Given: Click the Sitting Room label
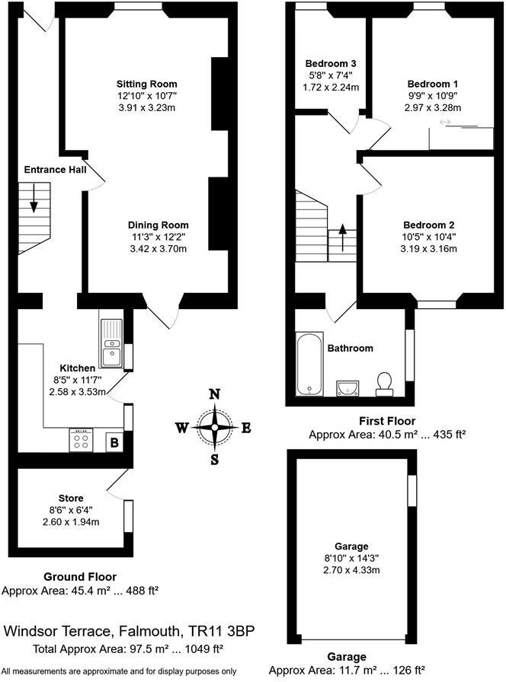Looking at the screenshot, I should coord(147,84).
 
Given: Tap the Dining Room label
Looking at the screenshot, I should coord(158,225).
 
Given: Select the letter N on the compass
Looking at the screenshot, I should coord(216,394).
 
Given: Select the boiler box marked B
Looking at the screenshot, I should coord(114,441).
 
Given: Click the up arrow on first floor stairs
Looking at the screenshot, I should coord(341,236).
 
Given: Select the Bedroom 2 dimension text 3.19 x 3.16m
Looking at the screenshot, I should coord(429,248).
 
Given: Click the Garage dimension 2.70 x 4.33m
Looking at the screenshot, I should coord(351,569).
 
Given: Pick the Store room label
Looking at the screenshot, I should coord(71,499).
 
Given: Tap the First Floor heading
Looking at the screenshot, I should coord(387,420).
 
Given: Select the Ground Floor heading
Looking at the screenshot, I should coord(80,577).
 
